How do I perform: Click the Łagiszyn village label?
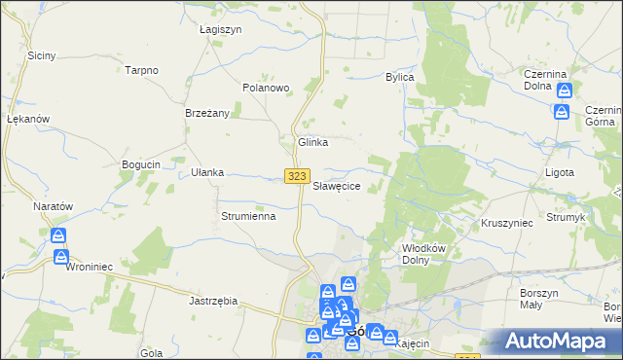coord(220,29)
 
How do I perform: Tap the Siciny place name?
coord(41,55)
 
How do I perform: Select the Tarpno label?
coord(142,70)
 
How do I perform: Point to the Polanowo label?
coord(266,88)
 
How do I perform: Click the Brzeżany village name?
coord(207,113)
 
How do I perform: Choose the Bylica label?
coord(400,77)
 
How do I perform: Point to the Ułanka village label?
coord(207,172)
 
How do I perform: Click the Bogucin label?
coord(140,164)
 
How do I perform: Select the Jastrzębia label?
coord(213,302)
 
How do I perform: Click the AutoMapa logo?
coord(559,342)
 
